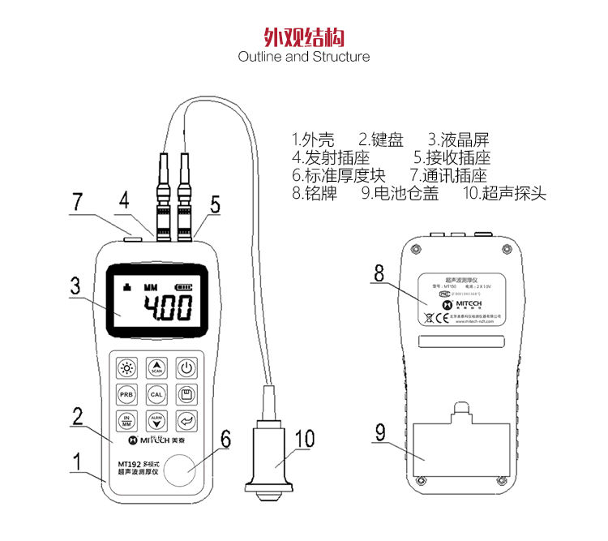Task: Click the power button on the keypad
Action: coord(187,368)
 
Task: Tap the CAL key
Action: coord(157,395)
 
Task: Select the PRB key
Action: coord(126,395)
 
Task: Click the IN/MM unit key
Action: coord(126,421)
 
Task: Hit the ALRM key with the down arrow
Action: coord(157,421)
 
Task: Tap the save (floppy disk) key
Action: coord(187,395)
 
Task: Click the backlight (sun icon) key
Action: coord(126,368)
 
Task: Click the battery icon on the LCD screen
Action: coord(186,286)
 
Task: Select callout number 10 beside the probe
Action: coord(304,439)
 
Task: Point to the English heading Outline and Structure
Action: coord(304,57)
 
